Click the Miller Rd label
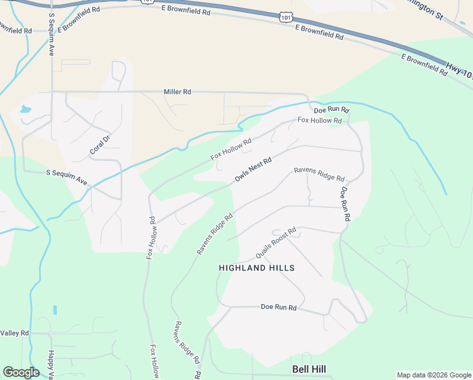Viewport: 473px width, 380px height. [x=177, y=92]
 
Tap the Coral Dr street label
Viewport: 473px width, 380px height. [x=100, y=144]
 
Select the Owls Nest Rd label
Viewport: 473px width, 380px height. [x=253, y=169]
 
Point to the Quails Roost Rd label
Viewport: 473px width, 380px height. [x=276, y=243]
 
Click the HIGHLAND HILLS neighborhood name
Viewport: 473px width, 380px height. [x=257, y=268]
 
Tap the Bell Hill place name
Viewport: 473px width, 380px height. [x=309, y=369]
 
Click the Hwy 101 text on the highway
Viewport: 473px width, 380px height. [x=459, y=70]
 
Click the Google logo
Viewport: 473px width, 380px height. [x=21, y=372]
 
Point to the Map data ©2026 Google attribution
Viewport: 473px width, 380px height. [x=433, y=375]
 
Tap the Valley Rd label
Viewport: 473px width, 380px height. [x=15, y=333]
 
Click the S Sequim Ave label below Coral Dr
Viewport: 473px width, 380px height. [x=66, y=177]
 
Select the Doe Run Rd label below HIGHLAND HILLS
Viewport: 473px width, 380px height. [x=279, y=307]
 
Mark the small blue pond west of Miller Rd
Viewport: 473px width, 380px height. [x=25, y=109]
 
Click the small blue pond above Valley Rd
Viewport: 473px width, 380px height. [x=54, y=310]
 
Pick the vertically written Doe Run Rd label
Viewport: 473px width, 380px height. [x=345, y=203]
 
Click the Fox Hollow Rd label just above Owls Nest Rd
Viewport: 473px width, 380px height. [x=231, y=149]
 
